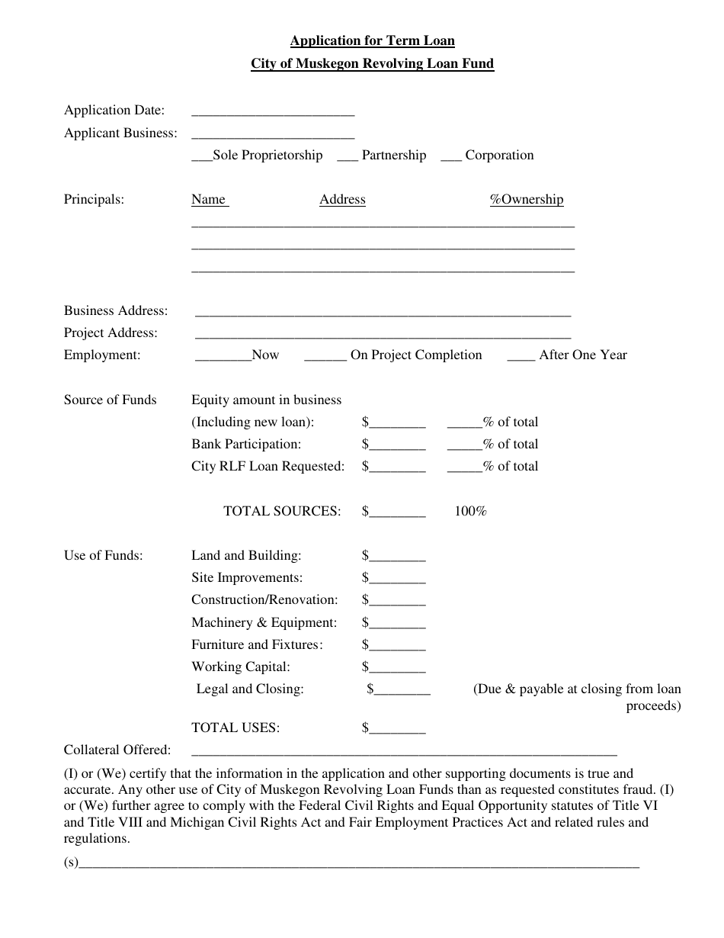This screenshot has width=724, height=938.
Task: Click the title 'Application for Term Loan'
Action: pos(372,41)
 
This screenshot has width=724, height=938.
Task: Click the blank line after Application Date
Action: pos(273,111)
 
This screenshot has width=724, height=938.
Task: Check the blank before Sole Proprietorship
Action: pos(201,156)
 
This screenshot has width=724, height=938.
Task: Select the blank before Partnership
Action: pos(347,156)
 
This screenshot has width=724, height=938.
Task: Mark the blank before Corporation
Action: pos(451,156)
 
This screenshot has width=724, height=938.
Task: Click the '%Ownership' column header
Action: pos(527,200)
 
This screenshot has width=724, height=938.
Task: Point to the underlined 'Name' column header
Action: pos(209,200)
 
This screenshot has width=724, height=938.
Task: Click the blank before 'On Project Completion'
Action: pos(325,356)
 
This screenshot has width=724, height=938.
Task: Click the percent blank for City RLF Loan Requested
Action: pos(464,467)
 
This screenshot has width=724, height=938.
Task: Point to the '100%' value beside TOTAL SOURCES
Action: pos(470,512)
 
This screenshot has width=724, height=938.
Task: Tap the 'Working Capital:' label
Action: pos(241,667)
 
